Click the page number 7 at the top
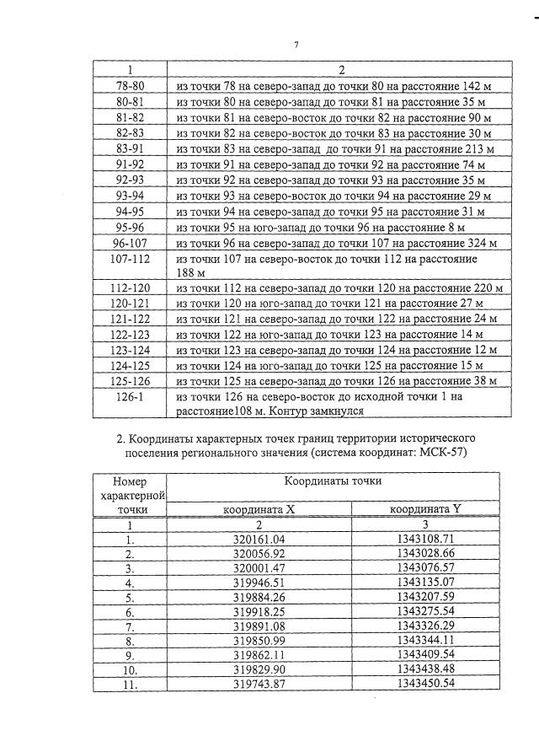point(296,45)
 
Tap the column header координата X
point(259,510)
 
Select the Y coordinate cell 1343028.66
point(424,554)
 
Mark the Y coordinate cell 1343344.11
point(424,640)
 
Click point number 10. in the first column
point(130,669)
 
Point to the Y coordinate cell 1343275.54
point(424,611)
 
